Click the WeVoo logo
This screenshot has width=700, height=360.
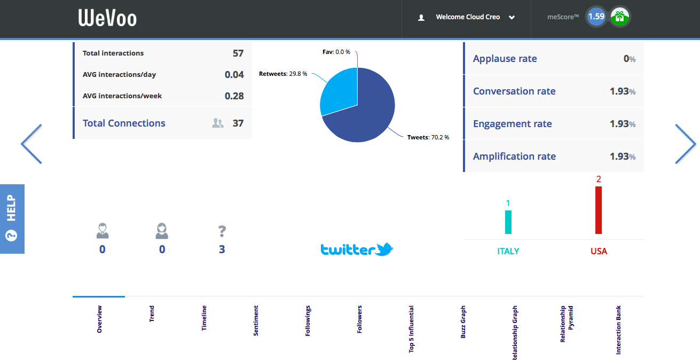point(107,18)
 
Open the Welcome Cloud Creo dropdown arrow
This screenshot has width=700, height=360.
point(512,18)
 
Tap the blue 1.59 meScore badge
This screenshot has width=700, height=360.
point(596,17)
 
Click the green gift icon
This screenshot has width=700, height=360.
point(620,17)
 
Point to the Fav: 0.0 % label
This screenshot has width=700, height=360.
point(336,52)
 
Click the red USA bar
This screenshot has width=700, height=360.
point(599,210)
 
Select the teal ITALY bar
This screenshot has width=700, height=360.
point(508,222)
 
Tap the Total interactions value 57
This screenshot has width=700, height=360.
point(238,53)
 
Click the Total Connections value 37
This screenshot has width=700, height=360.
point(238,123)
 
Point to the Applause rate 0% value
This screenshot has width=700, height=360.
point(630,59)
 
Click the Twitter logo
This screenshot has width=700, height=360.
point(357,249)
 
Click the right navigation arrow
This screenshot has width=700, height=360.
point(686,144)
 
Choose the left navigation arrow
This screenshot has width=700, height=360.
point(32,144)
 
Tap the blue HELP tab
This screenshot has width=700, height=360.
point(12,219)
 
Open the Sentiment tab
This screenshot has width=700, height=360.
point(256,320)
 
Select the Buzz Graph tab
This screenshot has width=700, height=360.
point(463,322)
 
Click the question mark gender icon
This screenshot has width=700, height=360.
point(222,231)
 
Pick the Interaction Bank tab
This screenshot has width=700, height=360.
point(618,330)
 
